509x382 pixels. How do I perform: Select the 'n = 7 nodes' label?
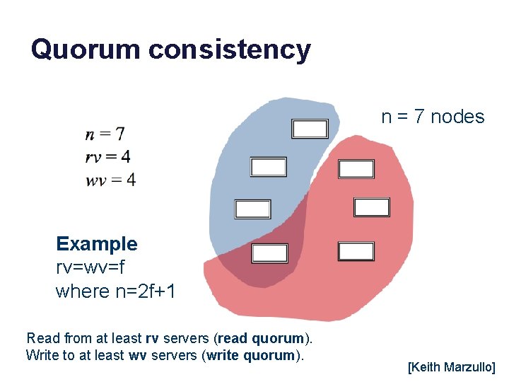tap(433, 117)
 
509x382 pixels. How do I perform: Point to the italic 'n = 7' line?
tap(105, 133)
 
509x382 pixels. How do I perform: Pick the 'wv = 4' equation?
tap(110, 180)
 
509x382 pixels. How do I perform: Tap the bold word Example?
tap(97, 244)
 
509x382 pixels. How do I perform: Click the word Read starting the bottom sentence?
tap(40, 337)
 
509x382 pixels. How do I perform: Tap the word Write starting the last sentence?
tap(40, 355)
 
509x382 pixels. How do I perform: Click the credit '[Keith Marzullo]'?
tap(452, 368)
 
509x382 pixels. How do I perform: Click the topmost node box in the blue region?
tap(310, 129)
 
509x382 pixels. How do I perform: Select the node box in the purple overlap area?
tap(270, 253)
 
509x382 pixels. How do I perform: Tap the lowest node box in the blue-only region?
tap(252, 209)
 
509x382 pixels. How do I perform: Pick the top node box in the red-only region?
tap(356, 169)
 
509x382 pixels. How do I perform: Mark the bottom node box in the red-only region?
tap(356, 251)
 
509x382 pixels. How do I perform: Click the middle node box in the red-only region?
tap(371, 207)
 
